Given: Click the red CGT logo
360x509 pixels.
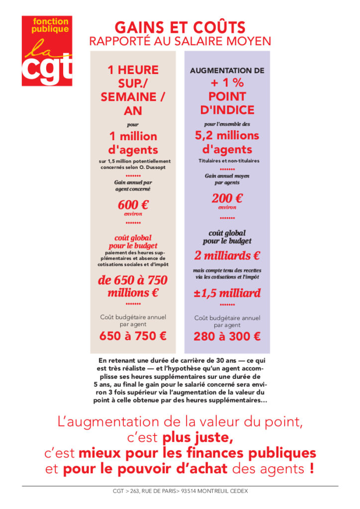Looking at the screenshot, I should (x=47, y=51).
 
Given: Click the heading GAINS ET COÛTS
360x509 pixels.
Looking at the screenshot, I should (x=180, y=27).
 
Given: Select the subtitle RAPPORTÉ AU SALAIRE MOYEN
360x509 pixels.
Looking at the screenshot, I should (x=180, y=41).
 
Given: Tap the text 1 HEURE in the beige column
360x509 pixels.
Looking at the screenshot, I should (x=133, y=70).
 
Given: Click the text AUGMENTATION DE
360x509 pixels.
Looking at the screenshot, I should (x=227, y=71).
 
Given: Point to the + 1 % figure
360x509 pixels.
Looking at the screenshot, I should (x=227, y=83).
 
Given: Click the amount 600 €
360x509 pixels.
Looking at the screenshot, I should (x=133, y=205).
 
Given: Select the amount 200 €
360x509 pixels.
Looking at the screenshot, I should (x=227, y=198).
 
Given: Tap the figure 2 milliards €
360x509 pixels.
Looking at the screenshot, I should (x=227, y=256).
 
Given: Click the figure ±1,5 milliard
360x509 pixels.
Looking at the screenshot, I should (x=227, y=293).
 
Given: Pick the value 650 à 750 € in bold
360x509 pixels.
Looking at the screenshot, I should (x=133, y=336).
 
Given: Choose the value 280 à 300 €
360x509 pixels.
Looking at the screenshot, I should (x=227, y=336).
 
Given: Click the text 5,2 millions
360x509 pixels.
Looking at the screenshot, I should (x=227, y=135).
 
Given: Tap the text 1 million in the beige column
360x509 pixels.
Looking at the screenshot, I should (x=133, y=136).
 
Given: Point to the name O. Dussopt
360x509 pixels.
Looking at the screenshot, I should (x=152, y=168).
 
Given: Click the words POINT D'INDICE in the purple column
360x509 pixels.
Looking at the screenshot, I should (x=227, y=103).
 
